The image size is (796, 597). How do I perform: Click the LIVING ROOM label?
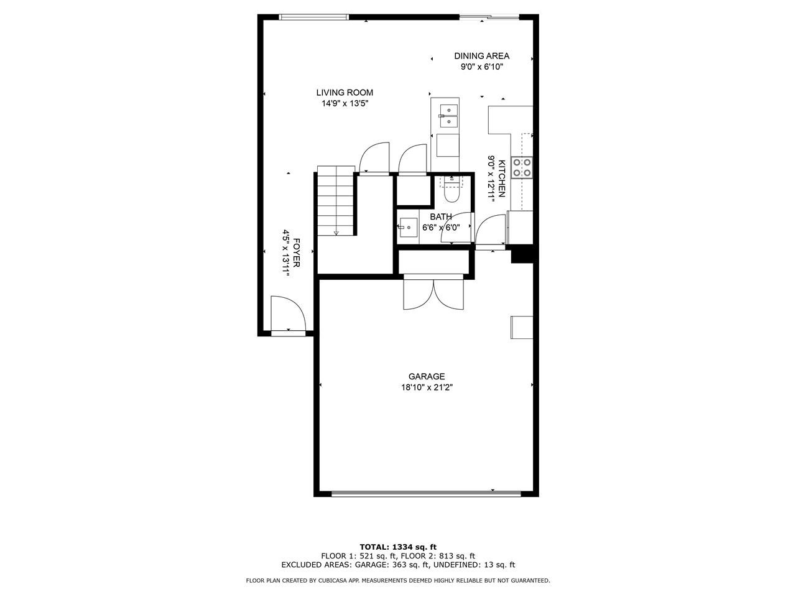(344, 93)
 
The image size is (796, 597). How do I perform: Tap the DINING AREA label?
(481, 56)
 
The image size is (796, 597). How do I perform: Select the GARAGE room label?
(427, 376)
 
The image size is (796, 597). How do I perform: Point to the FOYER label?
(296, 252)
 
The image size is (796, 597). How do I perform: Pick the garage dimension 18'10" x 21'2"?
(427, 387)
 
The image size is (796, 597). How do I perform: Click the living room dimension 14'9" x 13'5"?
(345, 104)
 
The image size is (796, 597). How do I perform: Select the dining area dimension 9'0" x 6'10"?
(481, 67)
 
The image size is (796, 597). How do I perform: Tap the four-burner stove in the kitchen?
(522, 167)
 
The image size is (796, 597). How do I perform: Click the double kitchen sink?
(449, 116)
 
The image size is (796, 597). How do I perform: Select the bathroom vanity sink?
(408, 227)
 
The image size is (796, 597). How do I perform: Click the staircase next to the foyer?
(335, 200)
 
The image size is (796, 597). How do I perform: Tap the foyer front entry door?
(289, 314)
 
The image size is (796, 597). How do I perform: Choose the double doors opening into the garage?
(433, 292)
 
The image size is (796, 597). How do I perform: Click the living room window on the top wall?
(313, 17)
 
